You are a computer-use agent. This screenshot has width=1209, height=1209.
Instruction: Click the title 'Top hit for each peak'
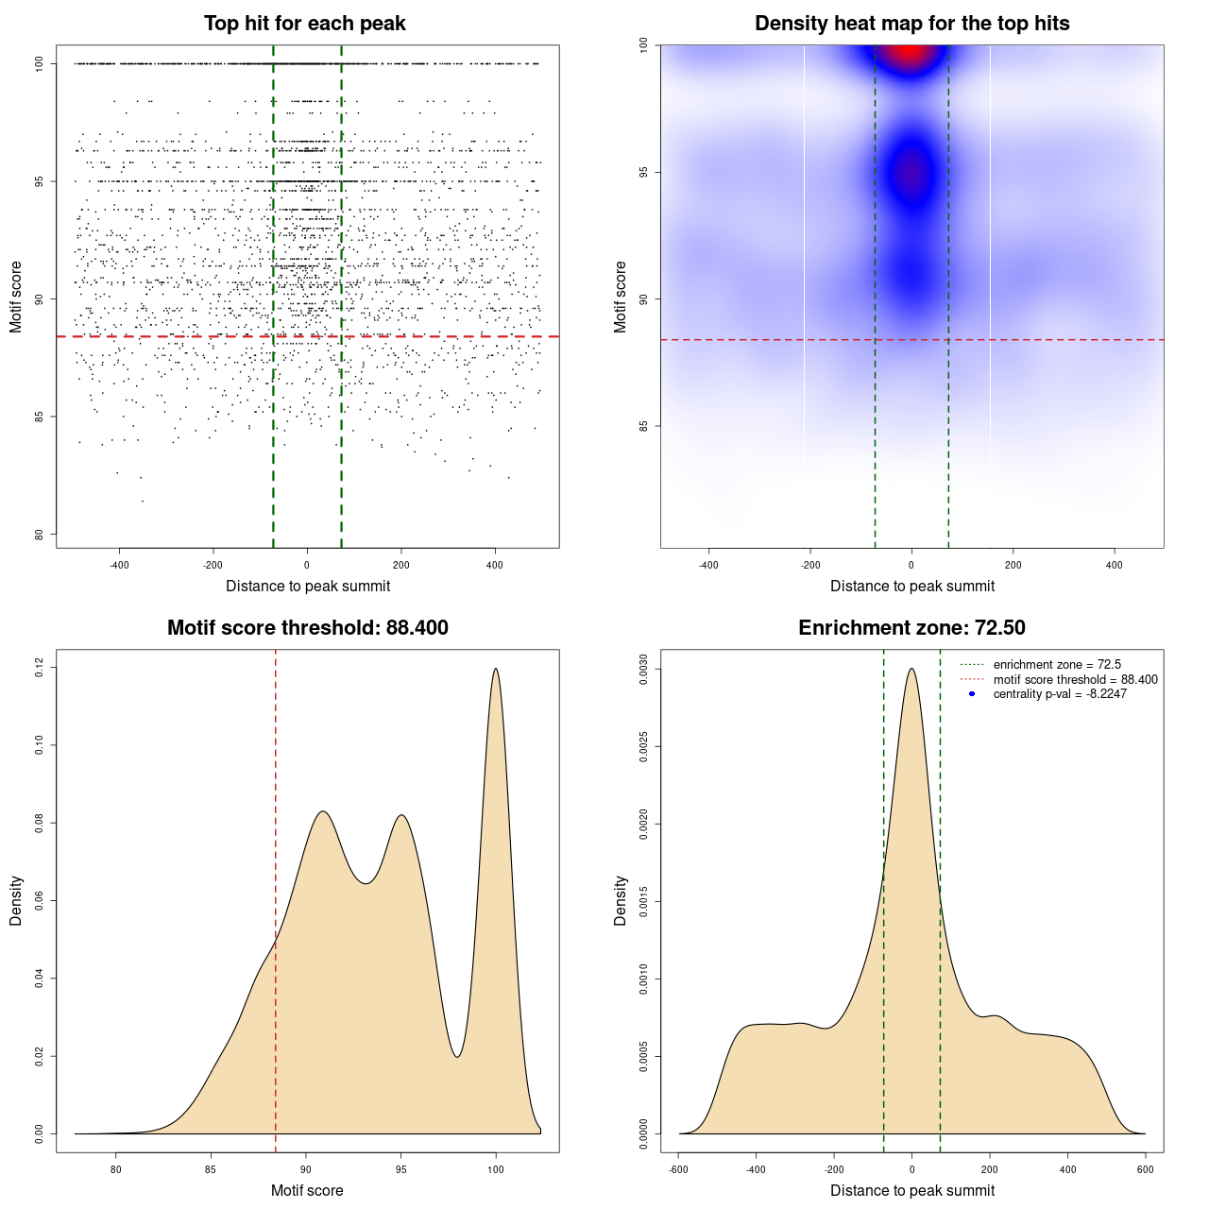pyautogui.click(x=304, y=24)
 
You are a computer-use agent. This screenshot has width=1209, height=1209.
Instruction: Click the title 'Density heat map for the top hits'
pyautogui.click(x=911, y=24)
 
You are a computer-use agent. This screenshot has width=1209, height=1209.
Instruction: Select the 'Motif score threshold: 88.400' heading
pyautogui.click(x=307, y=628)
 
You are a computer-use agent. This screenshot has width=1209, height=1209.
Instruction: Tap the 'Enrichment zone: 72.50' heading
pyautogui.click(x=911, y=628)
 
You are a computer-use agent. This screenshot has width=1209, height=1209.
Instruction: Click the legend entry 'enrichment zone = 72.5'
pyautogui.click(x=1057, y=665)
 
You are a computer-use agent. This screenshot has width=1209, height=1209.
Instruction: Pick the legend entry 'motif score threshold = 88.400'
pyautogui.click(x=1075, y=679)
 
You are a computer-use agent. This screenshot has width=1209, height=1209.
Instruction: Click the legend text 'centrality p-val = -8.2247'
pyautogui.click(x=1060, y=694)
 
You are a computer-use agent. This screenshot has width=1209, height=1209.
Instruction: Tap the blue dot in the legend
pyautogui.click(x=972, y=694)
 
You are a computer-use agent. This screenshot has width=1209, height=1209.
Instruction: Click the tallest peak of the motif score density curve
pyautogui.click(x=495, y=669)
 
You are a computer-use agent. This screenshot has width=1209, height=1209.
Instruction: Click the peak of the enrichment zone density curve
pyautogui.click(x=911, y=669)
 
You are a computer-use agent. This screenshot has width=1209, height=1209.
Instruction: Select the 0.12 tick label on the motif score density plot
pyautogui.click(x=40, y=668)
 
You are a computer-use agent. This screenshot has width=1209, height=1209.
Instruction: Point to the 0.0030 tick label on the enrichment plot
pyautogui.click(x=644, y=670)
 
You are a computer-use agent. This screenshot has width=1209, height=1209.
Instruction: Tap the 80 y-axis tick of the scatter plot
pyautogui.click(x=40, y=535)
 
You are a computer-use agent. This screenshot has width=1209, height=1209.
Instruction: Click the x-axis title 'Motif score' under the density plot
pyautogui.click(x=307, y=1191)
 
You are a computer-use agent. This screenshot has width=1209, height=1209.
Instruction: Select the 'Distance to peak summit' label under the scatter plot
pyautogui.click(x=308, y=587)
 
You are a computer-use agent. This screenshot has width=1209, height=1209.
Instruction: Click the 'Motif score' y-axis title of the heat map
pyautogui.click(x=621, y=297)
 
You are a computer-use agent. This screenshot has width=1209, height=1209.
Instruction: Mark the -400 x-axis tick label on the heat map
pyautogui.click(x=708, y=566)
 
